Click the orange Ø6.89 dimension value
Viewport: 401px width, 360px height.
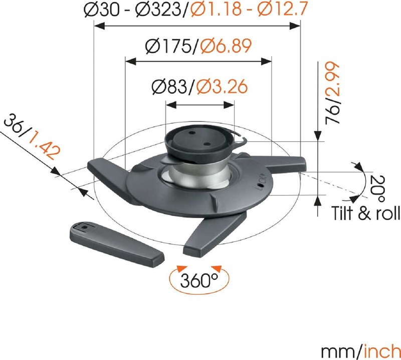point(226,46)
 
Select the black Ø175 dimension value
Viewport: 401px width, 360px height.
point(169,46)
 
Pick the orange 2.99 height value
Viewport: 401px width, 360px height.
point(332,79)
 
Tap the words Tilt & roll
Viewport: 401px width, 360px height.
point(366,213)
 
